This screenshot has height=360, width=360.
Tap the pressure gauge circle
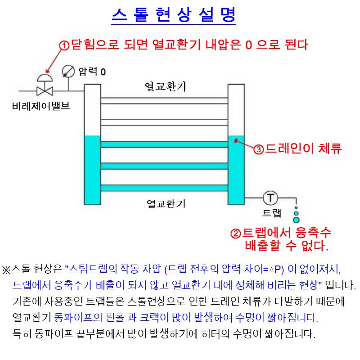[68, 71]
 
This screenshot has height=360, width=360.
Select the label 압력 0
[92, 72]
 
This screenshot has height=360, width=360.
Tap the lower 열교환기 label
[166, 203]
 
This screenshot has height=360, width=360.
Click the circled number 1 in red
[65, 45]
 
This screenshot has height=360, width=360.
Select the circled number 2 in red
[236, 234]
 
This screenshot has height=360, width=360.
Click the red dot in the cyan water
[235, 140]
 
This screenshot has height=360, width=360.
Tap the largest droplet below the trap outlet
[296, 220]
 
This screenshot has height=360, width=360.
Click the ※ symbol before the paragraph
[6, 270]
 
